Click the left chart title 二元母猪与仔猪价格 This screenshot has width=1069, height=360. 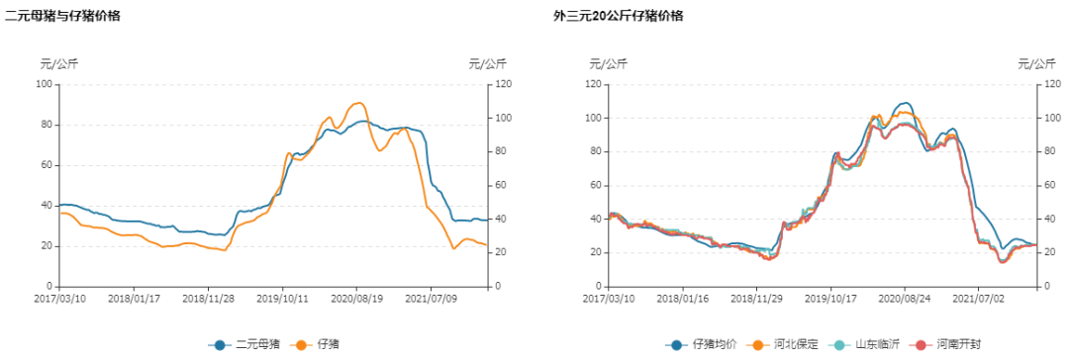pos(63,16)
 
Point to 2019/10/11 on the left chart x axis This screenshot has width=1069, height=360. pos(283,297)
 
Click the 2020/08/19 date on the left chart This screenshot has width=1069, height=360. pos(357,297)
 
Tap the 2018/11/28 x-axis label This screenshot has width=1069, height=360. pos(209,297)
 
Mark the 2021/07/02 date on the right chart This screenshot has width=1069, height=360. pos(977,297)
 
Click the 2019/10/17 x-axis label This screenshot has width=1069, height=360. pos(829,297)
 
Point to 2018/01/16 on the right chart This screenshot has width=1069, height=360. pos(682,297)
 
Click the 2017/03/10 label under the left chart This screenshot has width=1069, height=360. pos(59,297)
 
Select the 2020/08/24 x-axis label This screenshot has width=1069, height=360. pos(903,297)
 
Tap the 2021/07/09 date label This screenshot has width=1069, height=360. pos(432,297)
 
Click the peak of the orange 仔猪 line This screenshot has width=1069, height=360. pos(357,103)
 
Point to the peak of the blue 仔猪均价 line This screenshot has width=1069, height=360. pos(904,103)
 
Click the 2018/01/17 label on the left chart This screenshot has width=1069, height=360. pos(135,297)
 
